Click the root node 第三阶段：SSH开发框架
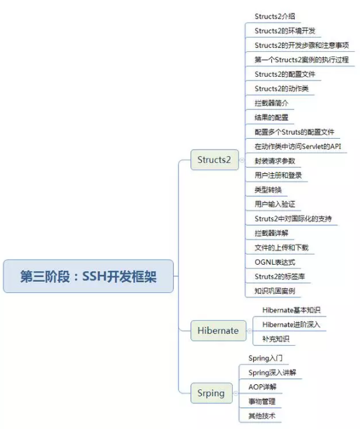pos(88,276)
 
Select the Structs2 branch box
pos(214,160)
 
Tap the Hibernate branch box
pos(218,331)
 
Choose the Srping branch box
pos(212,393)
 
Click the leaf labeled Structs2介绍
pos(275,17)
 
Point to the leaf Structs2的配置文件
pos(285,74)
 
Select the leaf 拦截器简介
pos(271,103)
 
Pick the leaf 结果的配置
pos(271,118)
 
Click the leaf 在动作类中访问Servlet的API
pos(297,146)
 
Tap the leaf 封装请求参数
pos(275,161)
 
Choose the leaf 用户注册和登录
pos(278,175)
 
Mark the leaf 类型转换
pos(268,190)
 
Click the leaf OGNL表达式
pos(275,262)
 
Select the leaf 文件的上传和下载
pos(281,247)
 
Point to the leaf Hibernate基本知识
pos(291,310)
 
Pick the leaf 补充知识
pos(276,339)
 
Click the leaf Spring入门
pos(265,358)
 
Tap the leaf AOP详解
pos(262,387)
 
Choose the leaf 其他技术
pos(262,416)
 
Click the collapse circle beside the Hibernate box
pos(249,331)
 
